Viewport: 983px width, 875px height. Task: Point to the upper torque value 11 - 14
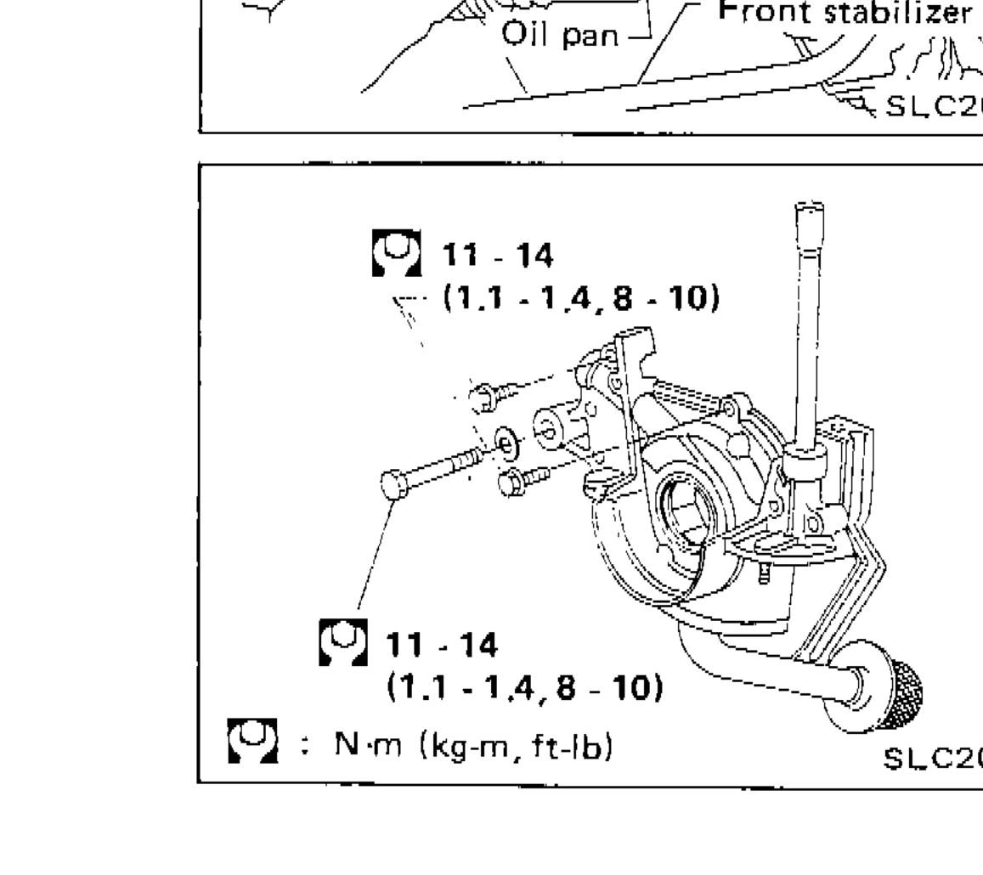pyautogui.click(x=497, y=255)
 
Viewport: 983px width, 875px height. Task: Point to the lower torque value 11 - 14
pyautogui.click(x=442, y=646)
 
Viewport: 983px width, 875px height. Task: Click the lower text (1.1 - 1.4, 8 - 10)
pyautogui.click(x=525, y=686)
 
